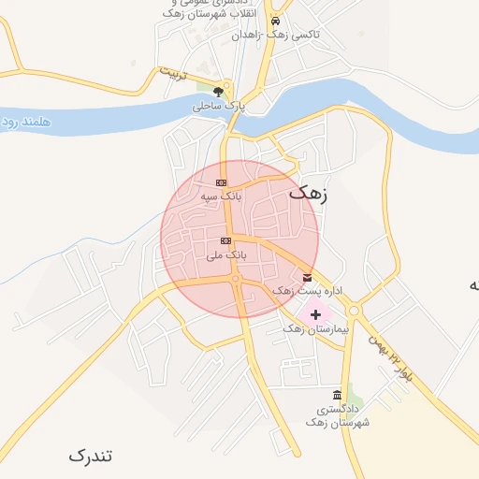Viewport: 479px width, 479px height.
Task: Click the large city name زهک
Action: click(310, 193)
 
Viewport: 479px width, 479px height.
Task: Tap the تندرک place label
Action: click(90, 456)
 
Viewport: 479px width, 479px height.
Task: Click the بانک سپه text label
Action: click(221, 197)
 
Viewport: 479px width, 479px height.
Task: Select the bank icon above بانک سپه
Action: click(221, 182)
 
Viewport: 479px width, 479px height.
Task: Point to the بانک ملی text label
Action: click(225, 254)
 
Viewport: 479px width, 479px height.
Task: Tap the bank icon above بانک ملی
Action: click(225, 240)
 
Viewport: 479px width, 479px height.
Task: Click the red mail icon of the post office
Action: click(308, 278)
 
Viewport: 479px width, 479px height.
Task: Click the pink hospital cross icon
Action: click(314, 314)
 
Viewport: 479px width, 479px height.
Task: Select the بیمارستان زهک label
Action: click(315, 330)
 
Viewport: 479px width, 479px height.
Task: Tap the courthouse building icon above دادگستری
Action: click(337, 395)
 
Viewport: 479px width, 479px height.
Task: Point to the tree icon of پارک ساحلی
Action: click(218, 92)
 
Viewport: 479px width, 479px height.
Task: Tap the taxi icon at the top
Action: click(275, 21)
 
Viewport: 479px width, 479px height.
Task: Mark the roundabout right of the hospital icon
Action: click(354, 311)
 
